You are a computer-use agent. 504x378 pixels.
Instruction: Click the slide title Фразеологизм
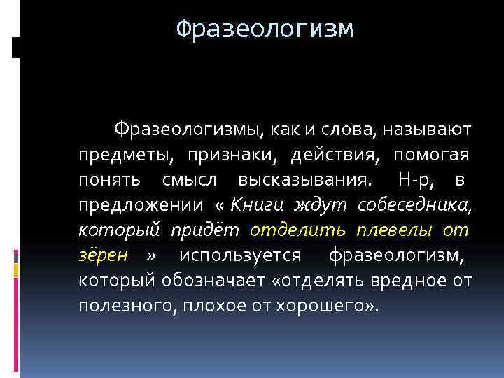click(x=265, y=29)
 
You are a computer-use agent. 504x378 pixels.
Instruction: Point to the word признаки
click(x=227, y=155)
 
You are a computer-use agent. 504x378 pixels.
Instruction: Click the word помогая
click(x=431, y=155)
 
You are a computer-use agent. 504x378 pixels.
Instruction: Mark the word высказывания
click(x=301, y=180)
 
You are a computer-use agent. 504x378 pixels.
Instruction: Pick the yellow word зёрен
click(x=103, y=255)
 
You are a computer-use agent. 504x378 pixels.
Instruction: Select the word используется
click(x=240, y=255)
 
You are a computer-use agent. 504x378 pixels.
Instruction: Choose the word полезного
click(x=129, y=306)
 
